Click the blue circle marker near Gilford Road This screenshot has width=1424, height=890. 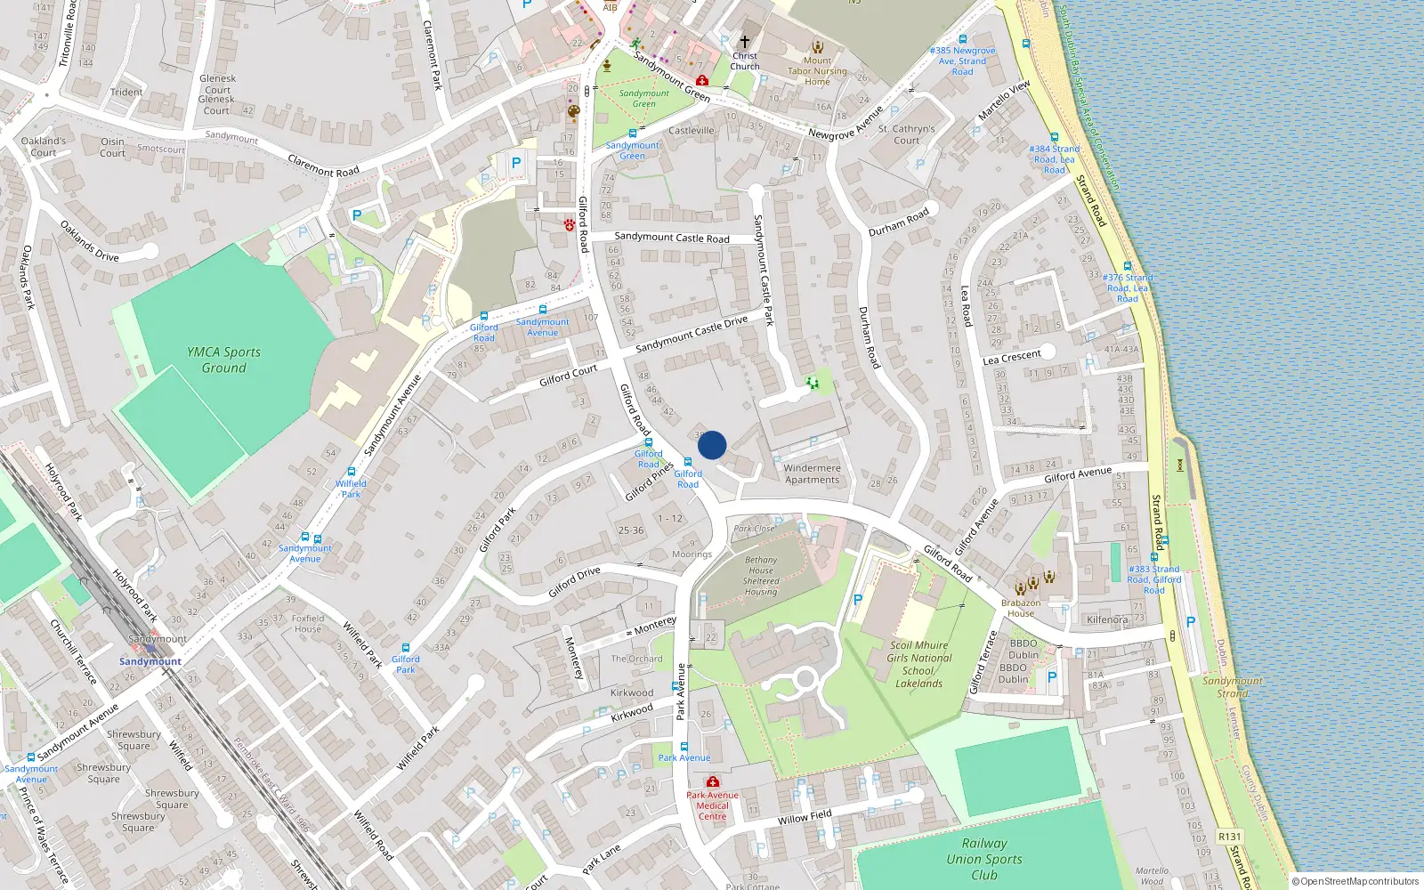[x=712, y=445]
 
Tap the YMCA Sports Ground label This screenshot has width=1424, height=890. [x=224, y=360]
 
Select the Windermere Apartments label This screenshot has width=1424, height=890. [x=812, y=473]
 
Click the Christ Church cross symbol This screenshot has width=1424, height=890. [x=745, y=41]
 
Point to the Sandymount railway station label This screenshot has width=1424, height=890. [x=150, y=661]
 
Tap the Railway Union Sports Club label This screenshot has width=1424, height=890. [x=984, y=859]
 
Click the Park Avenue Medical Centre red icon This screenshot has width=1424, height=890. [x=712, y=782]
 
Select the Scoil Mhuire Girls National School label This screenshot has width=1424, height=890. [x=919, y=664]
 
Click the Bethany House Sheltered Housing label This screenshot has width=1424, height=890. [x=761, y=576]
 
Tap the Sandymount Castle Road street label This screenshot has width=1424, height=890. [x=672, y=238]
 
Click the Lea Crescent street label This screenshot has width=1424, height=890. [x=1011, y=358]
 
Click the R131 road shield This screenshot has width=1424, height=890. [x=1229, y=837]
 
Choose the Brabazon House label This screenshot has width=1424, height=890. [x=1021, y=608]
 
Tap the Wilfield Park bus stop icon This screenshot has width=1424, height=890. [x=352, y=473]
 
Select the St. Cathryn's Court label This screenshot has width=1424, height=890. [x=906, y=134]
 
